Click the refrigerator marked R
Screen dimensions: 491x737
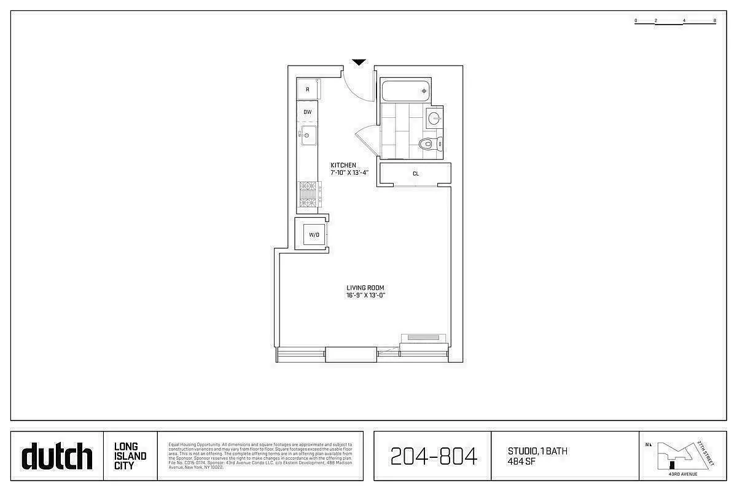click(308, 90)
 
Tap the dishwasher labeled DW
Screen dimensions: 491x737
click(308, 112)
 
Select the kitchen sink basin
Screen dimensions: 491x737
click(309, 136)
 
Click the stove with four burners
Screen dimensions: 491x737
click(308, 195)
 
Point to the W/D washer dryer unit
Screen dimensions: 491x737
click(313, 234)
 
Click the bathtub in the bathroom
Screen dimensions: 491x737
click(406, 91)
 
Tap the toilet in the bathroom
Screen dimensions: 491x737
click(429, 144)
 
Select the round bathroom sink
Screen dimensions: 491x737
click(434, 118)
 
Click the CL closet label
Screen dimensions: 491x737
click(416, 174)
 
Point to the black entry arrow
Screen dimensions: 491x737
click(359, 62)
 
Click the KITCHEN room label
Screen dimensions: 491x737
click(343, 165)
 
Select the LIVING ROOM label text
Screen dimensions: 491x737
click(365, 288)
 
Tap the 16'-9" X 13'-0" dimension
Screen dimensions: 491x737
click(365, 296)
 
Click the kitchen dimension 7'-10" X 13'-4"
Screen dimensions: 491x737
click(349, 172)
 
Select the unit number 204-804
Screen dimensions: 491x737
click(434, 457)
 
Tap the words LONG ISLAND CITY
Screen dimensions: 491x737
click(130, 456)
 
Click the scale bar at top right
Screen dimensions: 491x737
click(676, 21)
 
